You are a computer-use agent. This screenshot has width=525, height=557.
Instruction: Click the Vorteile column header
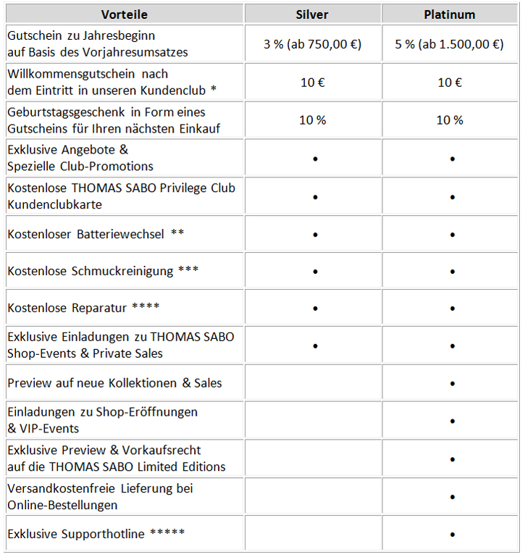tap(124, 14)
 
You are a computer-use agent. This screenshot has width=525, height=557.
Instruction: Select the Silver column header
tap(312, 14)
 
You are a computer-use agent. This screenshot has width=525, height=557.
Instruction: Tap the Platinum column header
tap(449, 14)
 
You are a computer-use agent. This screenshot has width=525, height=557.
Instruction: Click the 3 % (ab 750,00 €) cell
tap(312, 44)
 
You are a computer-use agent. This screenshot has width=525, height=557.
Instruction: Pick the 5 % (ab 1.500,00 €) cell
tap(450, 44)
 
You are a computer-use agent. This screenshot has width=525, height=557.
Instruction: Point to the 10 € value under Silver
tap(312, 83)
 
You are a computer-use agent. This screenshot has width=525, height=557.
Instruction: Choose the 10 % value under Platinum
tap(450, 120)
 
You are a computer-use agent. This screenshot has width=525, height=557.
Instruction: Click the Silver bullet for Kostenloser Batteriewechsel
tap(315, 235)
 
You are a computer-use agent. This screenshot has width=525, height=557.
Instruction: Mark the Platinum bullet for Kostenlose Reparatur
tap(452, 309)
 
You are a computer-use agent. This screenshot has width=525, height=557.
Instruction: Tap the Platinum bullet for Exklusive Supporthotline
tap(452, 535)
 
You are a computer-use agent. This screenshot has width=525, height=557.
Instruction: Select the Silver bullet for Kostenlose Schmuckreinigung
tap(315, 272)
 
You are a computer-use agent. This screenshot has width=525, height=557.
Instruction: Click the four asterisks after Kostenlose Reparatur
tap(146, 307)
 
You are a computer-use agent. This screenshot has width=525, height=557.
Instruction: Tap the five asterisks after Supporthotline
tap(167, 533)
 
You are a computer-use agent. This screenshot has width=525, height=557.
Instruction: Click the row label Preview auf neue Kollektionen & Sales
tap(114, 382)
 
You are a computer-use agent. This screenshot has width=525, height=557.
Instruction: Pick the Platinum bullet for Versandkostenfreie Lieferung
tap(452, 497)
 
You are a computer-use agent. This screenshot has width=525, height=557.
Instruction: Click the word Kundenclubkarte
tap(54, 204)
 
